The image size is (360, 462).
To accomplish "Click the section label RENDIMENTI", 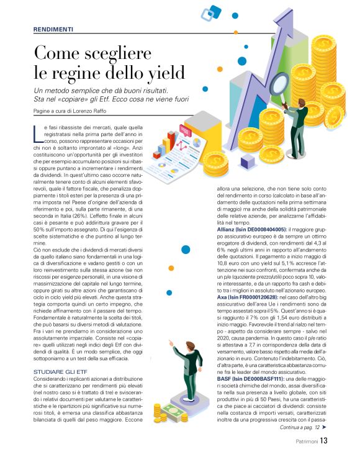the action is coord(53,29).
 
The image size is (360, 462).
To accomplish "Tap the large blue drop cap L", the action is coord(37,133).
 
